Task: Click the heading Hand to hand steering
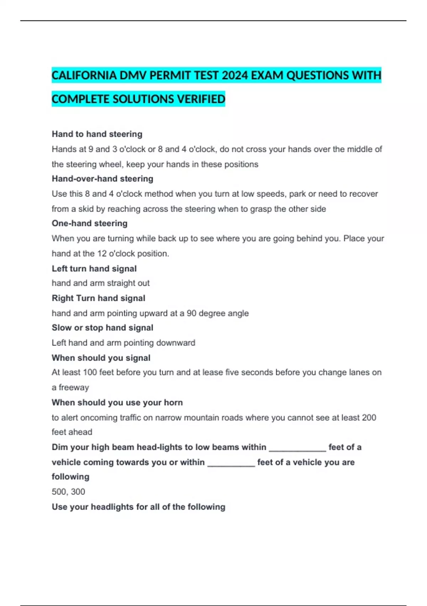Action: coord(97,134)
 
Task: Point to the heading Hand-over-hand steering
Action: coord(102,179)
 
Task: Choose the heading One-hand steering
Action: coord(90,223)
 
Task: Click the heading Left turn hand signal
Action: coord(94,268)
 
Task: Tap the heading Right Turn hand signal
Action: coord(99,298)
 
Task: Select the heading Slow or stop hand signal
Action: coord(102,328)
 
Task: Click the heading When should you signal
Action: coord(101,358)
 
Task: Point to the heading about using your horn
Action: coord(117,402)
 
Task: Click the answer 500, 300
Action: coord(68,492)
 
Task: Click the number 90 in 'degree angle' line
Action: coord(191,313)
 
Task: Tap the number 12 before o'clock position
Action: coord(102,253)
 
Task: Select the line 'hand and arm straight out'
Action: coord(101,283)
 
